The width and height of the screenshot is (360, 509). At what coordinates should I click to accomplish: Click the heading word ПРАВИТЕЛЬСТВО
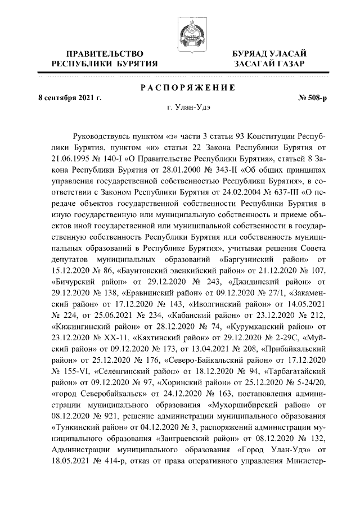104,53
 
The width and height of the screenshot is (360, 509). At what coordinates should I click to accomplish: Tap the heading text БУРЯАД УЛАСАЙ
269,53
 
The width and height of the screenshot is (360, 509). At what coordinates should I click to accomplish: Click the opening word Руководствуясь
106,136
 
